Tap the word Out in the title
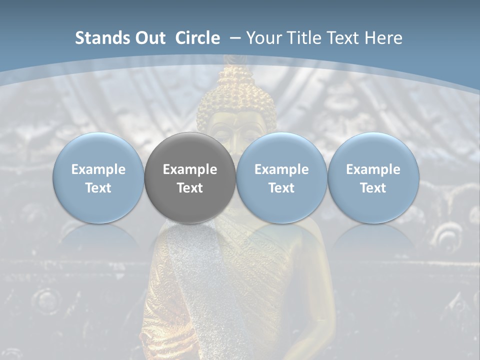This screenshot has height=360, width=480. click(x=149, y=38)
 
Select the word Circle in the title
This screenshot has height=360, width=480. click(x=197, y=38)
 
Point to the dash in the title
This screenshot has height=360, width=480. click(x=233, y=38)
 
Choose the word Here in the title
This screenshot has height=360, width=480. click(x=384, y=38)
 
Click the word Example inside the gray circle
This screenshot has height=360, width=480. click(x=190, y=169)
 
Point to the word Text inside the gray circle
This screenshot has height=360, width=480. click(x=190, y=188)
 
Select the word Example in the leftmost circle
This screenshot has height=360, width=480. click(x=98, y=169)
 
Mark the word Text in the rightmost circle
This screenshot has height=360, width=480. click(x=373, y=188)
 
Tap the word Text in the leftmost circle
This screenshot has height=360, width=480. click(x=98, y=188)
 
